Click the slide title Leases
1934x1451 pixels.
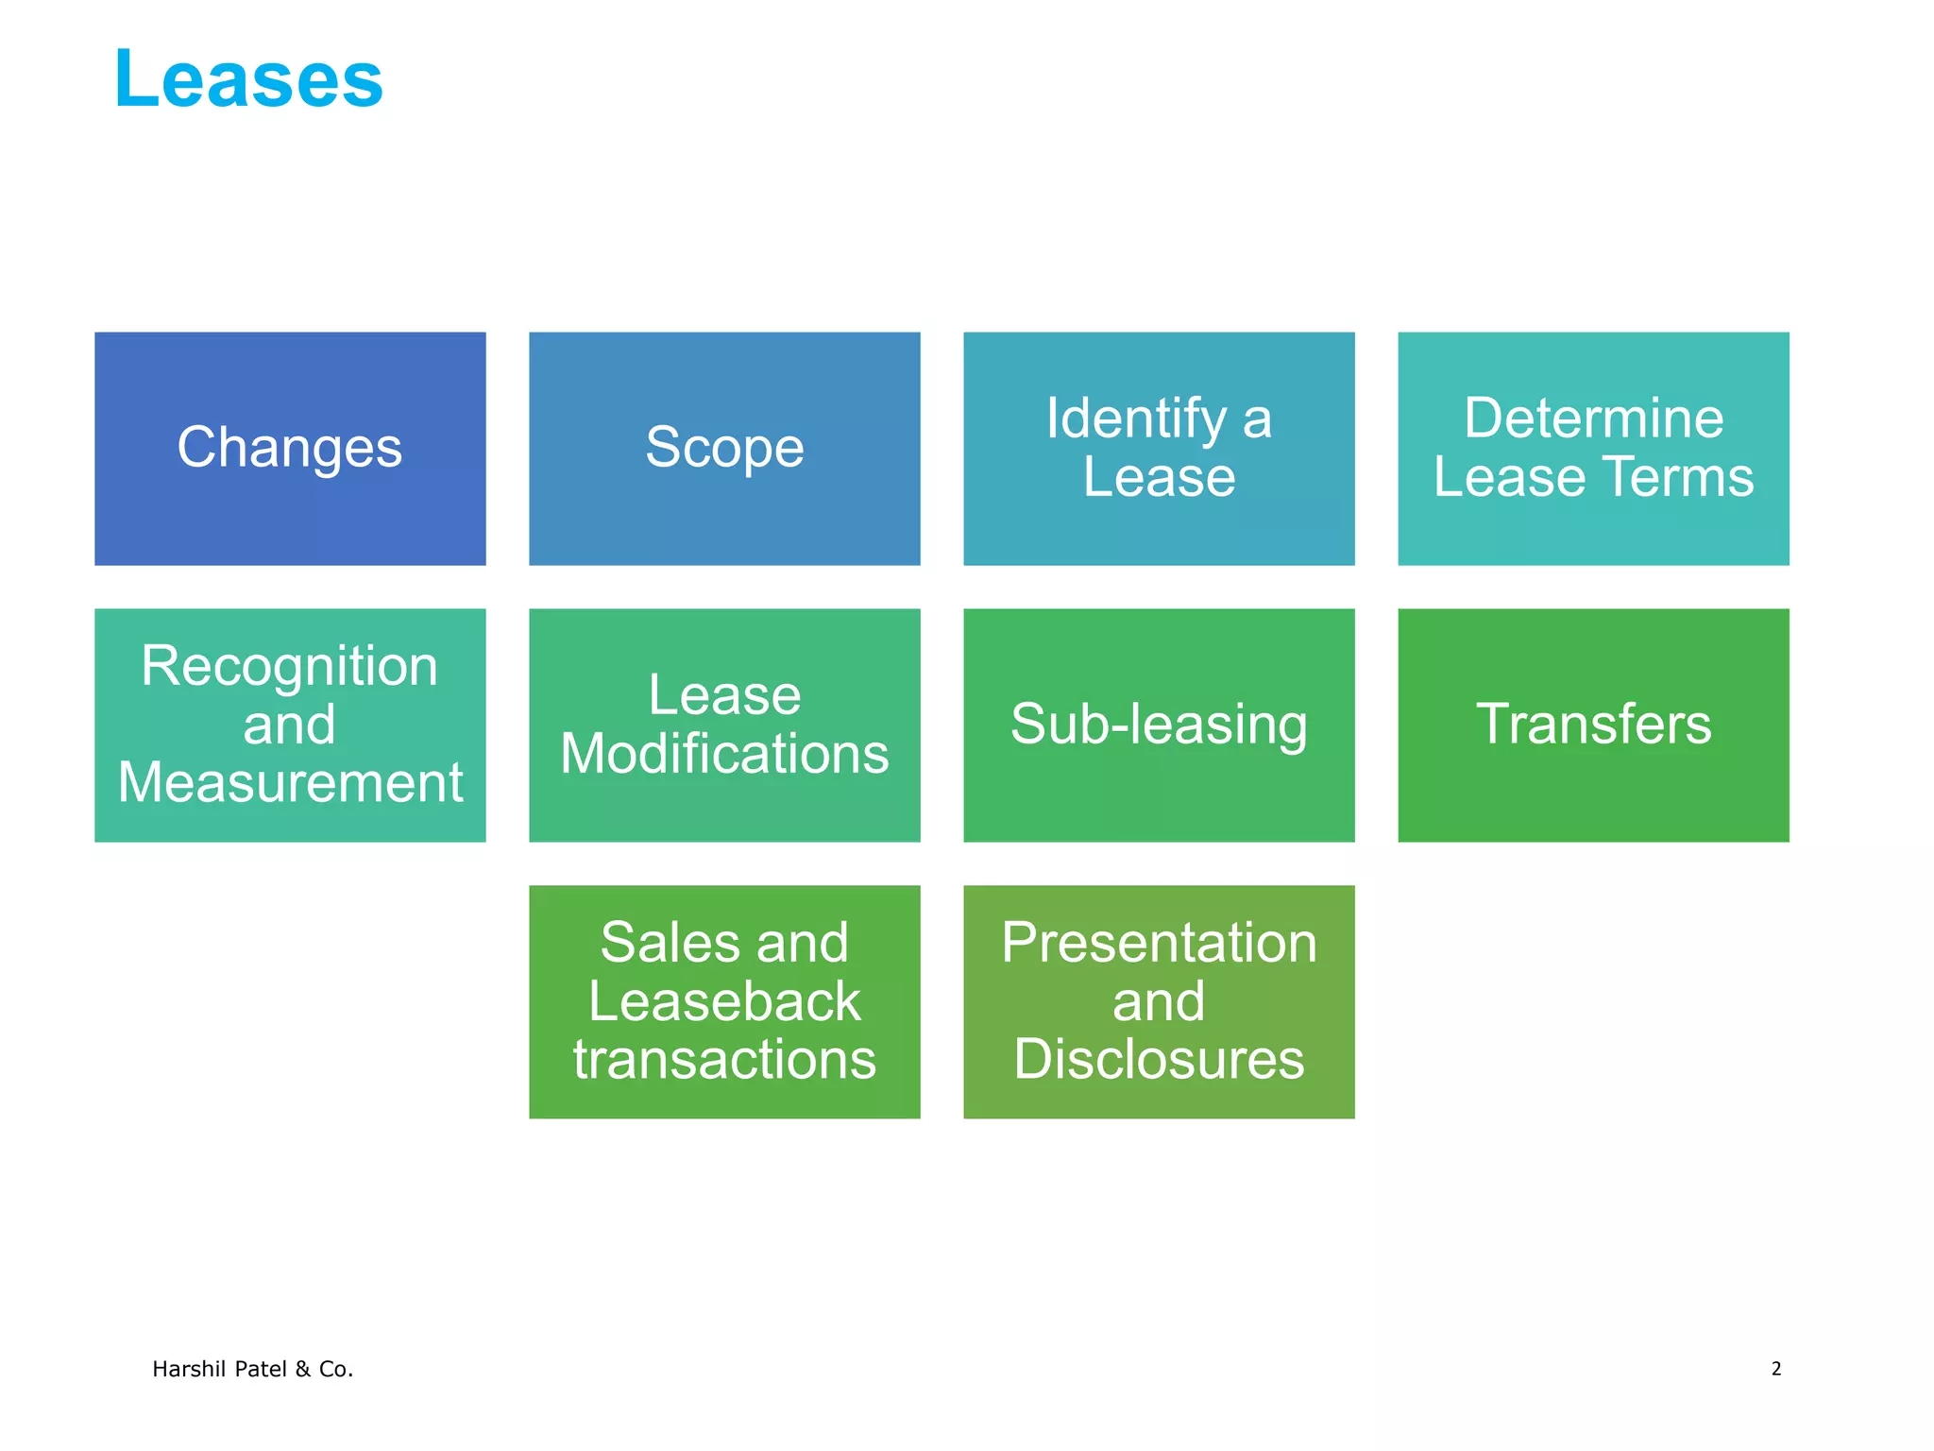tap(248, 80)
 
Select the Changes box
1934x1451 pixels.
tap(290, 448)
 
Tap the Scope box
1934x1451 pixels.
tap(724, 448)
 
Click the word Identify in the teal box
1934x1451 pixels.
tap(1136, 418)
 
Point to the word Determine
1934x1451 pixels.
tap(1593, 418)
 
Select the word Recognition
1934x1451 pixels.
tap(290, 666)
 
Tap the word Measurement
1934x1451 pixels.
tap(290, 783)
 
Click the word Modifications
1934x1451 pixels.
tap(724, 754)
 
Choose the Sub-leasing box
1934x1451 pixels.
tap(1159, 725)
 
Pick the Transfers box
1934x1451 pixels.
tap(1593, 725)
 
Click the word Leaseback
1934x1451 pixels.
tap(724, 1001)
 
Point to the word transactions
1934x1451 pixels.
tap(724, 1060)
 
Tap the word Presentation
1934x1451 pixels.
tap(1159, 943)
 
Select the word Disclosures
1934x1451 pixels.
tap(1159, 1060)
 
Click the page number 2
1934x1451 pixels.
tap(1775, 1369)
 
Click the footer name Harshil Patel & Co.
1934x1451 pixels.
tap(252, 1369)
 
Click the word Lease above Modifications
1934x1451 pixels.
tap(724, 695)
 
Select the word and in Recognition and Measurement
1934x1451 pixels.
tap(290, 725)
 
